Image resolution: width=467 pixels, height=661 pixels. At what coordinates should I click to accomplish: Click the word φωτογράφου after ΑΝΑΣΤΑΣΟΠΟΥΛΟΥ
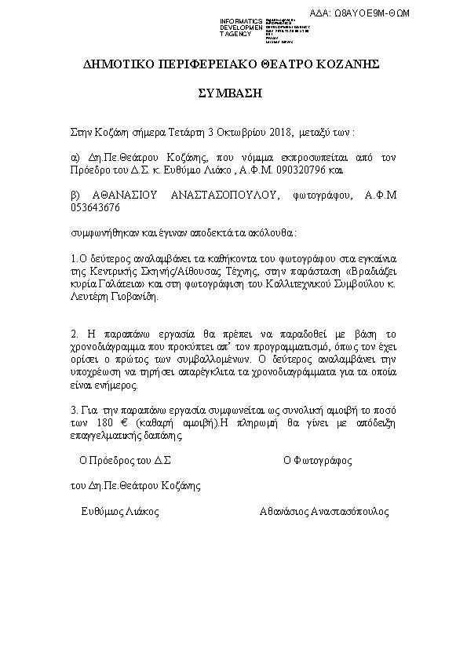(x=323, y=196)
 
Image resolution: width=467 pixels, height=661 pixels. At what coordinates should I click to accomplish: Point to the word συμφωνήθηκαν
(x=100, y=233)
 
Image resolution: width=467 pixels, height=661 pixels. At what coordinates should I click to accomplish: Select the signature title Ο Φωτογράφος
(x=316, y=460)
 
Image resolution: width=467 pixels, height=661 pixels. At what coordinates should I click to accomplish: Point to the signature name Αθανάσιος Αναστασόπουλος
(x=323, y=511)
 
